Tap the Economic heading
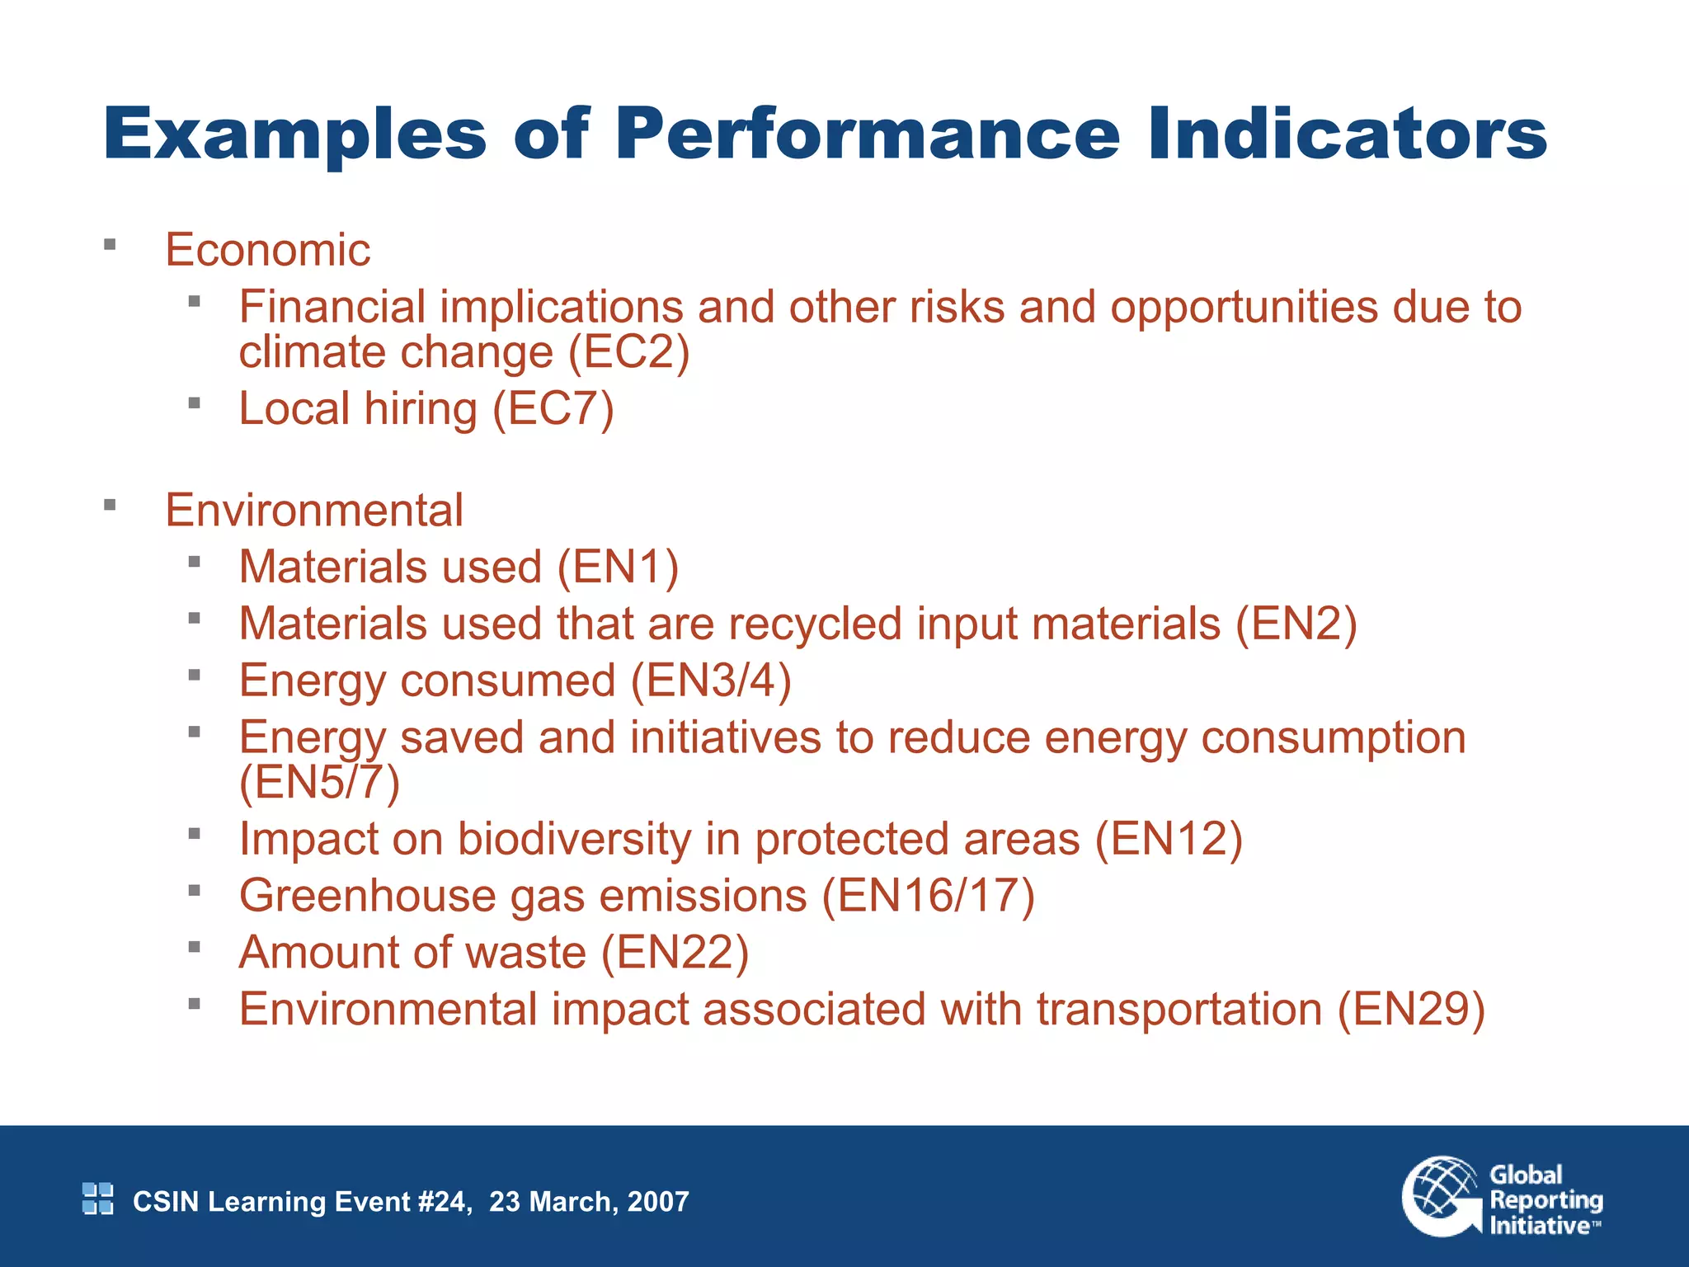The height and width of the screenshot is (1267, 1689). [x=267, y=250]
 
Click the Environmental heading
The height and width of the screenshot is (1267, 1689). [x=313, y=511]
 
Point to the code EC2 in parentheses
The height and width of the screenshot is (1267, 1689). [x=628, y=353]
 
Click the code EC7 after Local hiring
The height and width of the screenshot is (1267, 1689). [x=553, y=409]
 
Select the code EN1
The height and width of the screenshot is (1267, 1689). [x=618, y=568]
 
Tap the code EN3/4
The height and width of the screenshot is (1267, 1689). [x=711, y=681]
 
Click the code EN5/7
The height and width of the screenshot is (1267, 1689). [x=319, y=783]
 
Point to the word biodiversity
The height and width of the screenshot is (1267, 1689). [x=574, y=840]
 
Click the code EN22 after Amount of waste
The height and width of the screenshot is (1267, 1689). [x=675, y=954]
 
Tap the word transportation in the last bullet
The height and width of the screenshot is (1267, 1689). [x=1179, y=1010]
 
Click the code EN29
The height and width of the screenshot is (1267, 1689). [x=1410, y=1010]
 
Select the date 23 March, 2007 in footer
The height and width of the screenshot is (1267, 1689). [x=589, y=1202]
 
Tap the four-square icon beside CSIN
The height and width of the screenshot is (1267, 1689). [x=98, y=1199]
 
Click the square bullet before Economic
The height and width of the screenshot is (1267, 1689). [x=110, y=245]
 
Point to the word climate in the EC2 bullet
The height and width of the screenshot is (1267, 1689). [x=313, y=353]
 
